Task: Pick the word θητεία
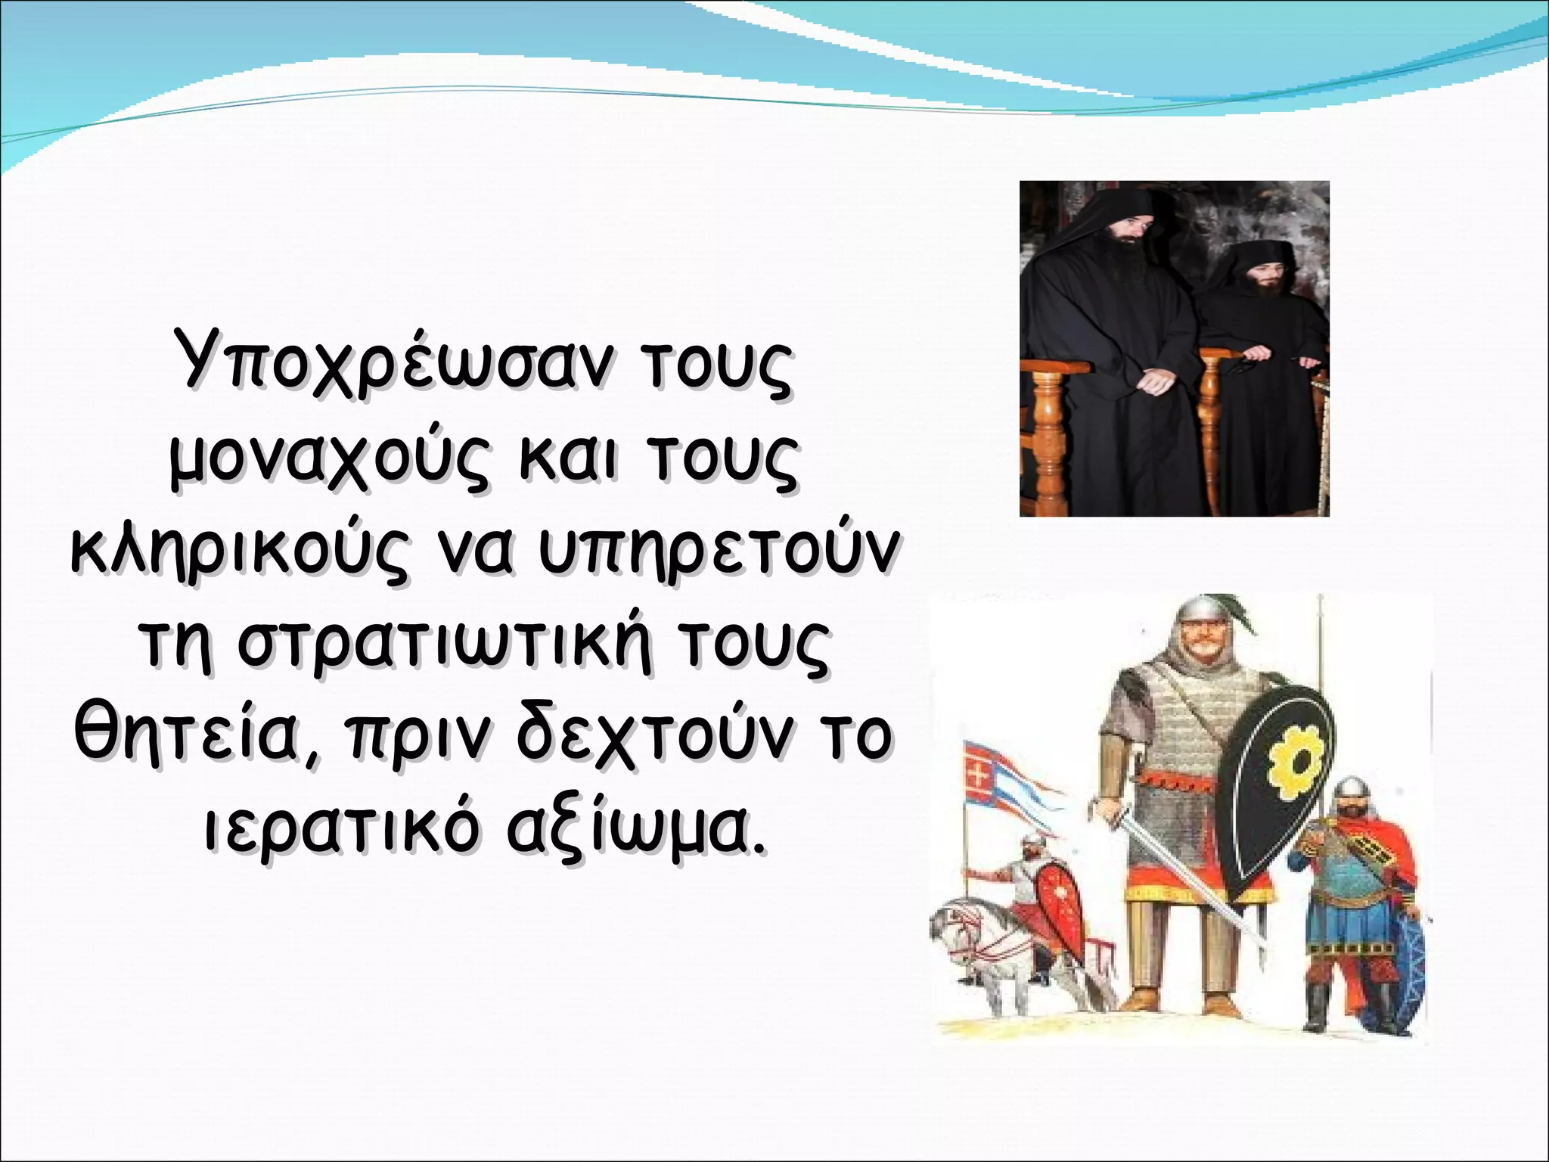tap(193, 738)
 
